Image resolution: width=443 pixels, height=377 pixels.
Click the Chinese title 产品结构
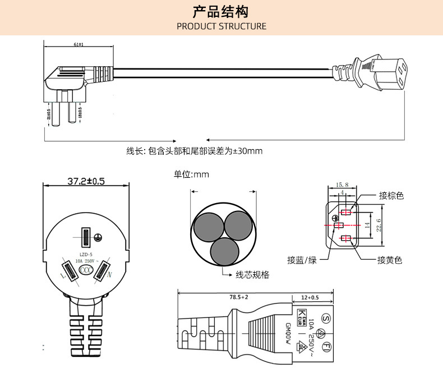(221, 12)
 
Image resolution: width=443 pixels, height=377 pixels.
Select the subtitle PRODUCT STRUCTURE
(221, 26)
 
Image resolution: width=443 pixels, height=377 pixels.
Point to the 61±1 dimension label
(78, 44)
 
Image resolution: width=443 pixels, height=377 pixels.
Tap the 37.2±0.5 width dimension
(86, 182)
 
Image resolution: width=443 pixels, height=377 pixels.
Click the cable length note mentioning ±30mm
(194, 151)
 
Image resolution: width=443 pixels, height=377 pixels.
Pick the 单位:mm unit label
(191, 174)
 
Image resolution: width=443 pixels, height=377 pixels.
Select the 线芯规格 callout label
(252, 275)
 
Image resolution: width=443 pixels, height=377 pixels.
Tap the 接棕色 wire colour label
(391, 196)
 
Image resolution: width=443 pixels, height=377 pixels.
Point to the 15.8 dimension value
(342, 185)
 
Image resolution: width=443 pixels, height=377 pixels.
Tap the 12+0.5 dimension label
(310, 297)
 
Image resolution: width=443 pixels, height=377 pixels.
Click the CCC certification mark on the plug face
(86, 270)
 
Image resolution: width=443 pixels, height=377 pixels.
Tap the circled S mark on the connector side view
(325, 319)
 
